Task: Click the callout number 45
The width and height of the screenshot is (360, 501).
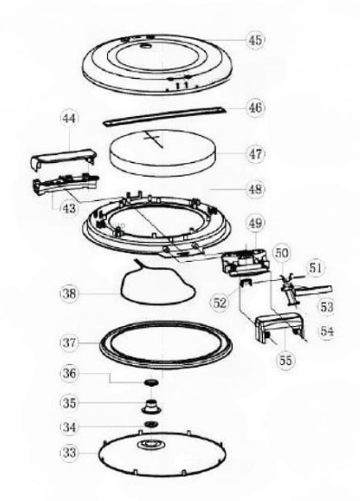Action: click(x=255, y=40)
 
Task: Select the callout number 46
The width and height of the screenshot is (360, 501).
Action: click(x=255, y=107)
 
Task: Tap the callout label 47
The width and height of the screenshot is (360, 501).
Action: click(x=255, y=154)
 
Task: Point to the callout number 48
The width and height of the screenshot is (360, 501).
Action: click(x=255, y=189)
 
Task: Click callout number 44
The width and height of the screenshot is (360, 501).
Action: click(x=69, y=119)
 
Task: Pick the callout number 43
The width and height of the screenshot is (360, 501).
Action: click(x=69, y=208)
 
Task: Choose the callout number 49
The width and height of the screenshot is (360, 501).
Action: click(x=255, y=224)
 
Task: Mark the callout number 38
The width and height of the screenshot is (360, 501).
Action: click(x=69, y=294)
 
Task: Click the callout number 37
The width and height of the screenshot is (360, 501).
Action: click(x=69, y=342)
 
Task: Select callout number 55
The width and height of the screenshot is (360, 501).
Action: click(x=285, y=361)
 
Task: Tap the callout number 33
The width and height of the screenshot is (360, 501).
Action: click(x=69, y=452)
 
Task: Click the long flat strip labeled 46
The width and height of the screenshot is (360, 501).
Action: click(x=165, y=116)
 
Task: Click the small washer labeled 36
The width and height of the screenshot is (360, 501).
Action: click(x=152, y=382)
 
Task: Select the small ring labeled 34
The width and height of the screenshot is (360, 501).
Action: click(x=151, y=424)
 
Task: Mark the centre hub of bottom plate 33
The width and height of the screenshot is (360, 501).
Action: click(x=151, y=444)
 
